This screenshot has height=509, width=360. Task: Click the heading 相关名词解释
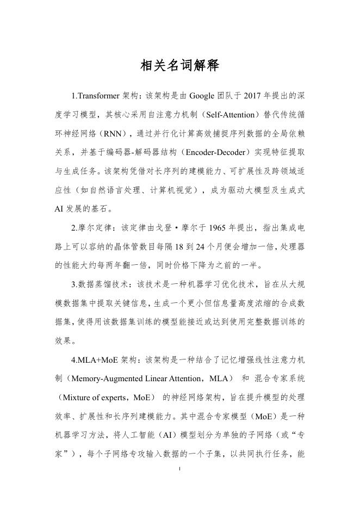pos(179,66)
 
